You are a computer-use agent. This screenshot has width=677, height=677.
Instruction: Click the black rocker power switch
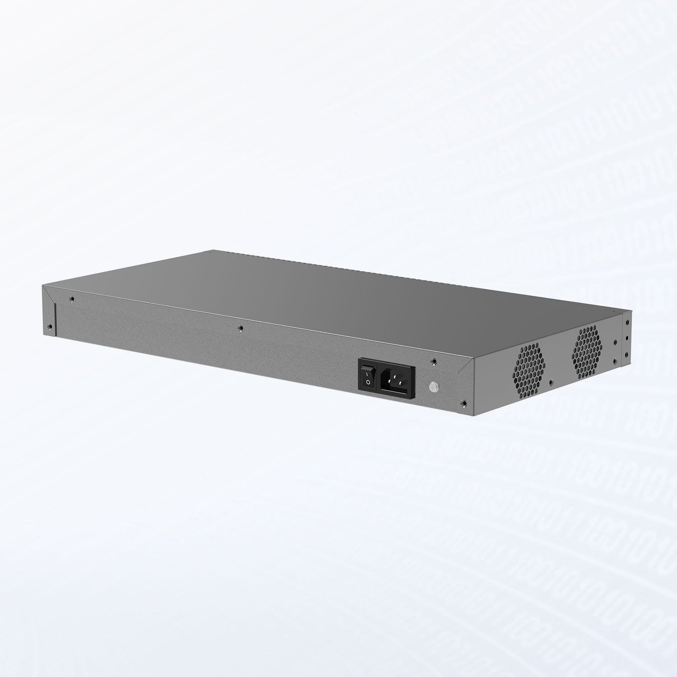[x=368, y=376]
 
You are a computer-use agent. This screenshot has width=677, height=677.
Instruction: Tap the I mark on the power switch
[x=368, y=371]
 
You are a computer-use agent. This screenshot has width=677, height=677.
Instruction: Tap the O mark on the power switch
[x=368, y=382]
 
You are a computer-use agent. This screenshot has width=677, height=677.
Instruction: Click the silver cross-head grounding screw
[x=433, y=386]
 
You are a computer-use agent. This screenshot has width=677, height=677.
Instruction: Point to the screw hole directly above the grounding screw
[x=434, y=361]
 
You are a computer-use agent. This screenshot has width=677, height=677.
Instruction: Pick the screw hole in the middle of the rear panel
[x=241, y=328]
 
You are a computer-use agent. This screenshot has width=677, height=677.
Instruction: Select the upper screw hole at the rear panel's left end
[x=71, y=298]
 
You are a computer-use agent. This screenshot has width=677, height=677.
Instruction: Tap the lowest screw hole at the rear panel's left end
[x=51, y=326]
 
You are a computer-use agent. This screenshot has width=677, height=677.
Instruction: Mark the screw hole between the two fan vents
[x=550, y=381]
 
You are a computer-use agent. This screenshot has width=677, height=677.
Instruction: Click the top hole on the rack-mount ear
[x=626, y=322]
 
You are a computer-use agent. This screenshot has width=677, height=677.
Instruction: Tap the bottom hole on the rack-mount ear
[x=626, y=356]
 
